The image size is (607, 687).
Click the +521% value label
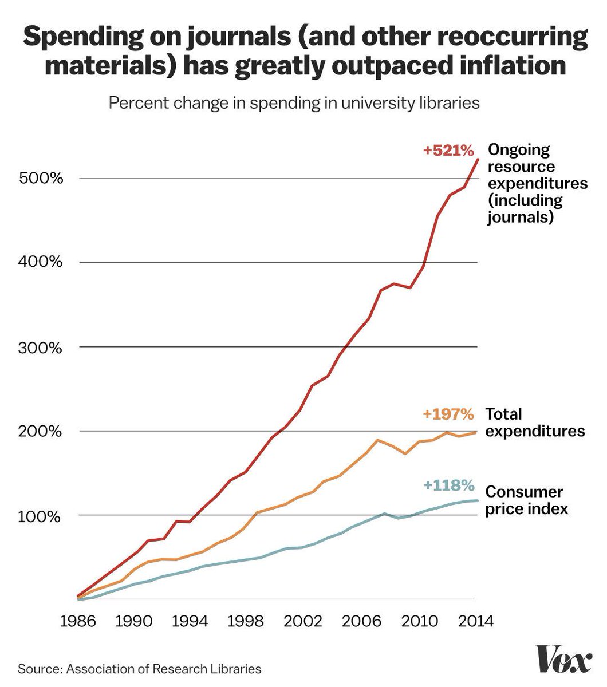click(448, 151)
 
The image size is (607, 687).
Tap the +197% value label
click(448, 414)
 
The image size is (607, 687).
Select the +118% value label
click(449, 486)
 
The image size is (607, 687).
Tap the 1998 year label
click(247, 621)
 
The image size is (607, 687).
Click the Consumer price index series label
click(526, 500)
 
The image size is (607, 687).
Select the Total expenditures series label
click(535, 422)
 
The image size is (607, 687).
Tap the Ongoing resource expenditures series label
click(537, 183)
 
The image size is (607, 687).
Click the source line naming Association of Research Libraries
click(139, 669)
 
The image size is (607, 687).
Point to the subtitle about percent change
click(294, 104)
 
